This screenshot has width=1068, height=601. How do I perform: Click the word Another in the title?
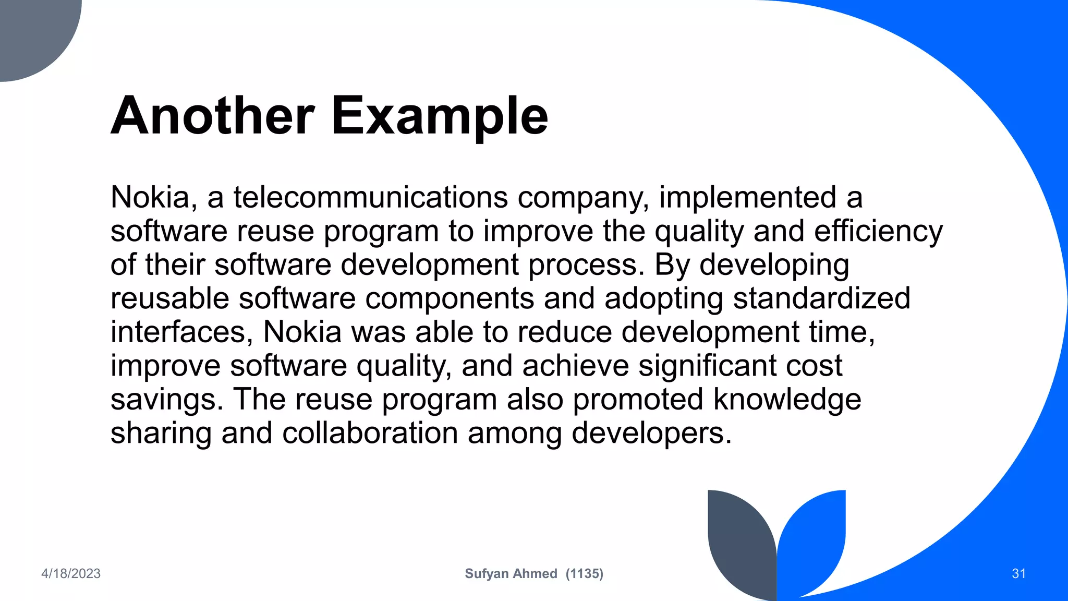pyautogui.click(x=213, y=116)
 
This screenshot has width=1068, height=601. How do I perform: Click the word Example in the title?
pyautogui.click(x=439, y=116)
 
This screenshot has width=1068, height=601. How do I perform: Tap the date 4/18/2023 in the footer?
pyautogui.click(x=71, y=573)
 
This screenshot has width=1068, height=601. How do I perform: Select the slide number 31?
pyautogui.click(x=1018, y=573)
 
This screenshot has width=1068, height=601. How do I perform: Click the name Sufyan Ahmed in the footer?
pyautogui.click(x=511, y=573)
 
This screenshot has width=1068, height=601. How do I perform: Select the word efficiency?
pyautogui.click(x=878, y=231)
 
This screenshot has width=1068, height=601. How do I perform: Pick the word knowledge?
pyautogui.click(x=787, y=399)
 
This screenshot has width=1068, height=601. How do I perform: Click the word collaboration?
pyautogui.click(x=370, y=433)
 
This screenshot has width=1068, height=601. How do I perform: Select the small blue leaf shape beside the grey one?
pyautogui.click(x=814, y=537)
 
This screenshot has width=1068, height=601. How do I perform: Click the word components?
pyautogui.click(x=449, y=298)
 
